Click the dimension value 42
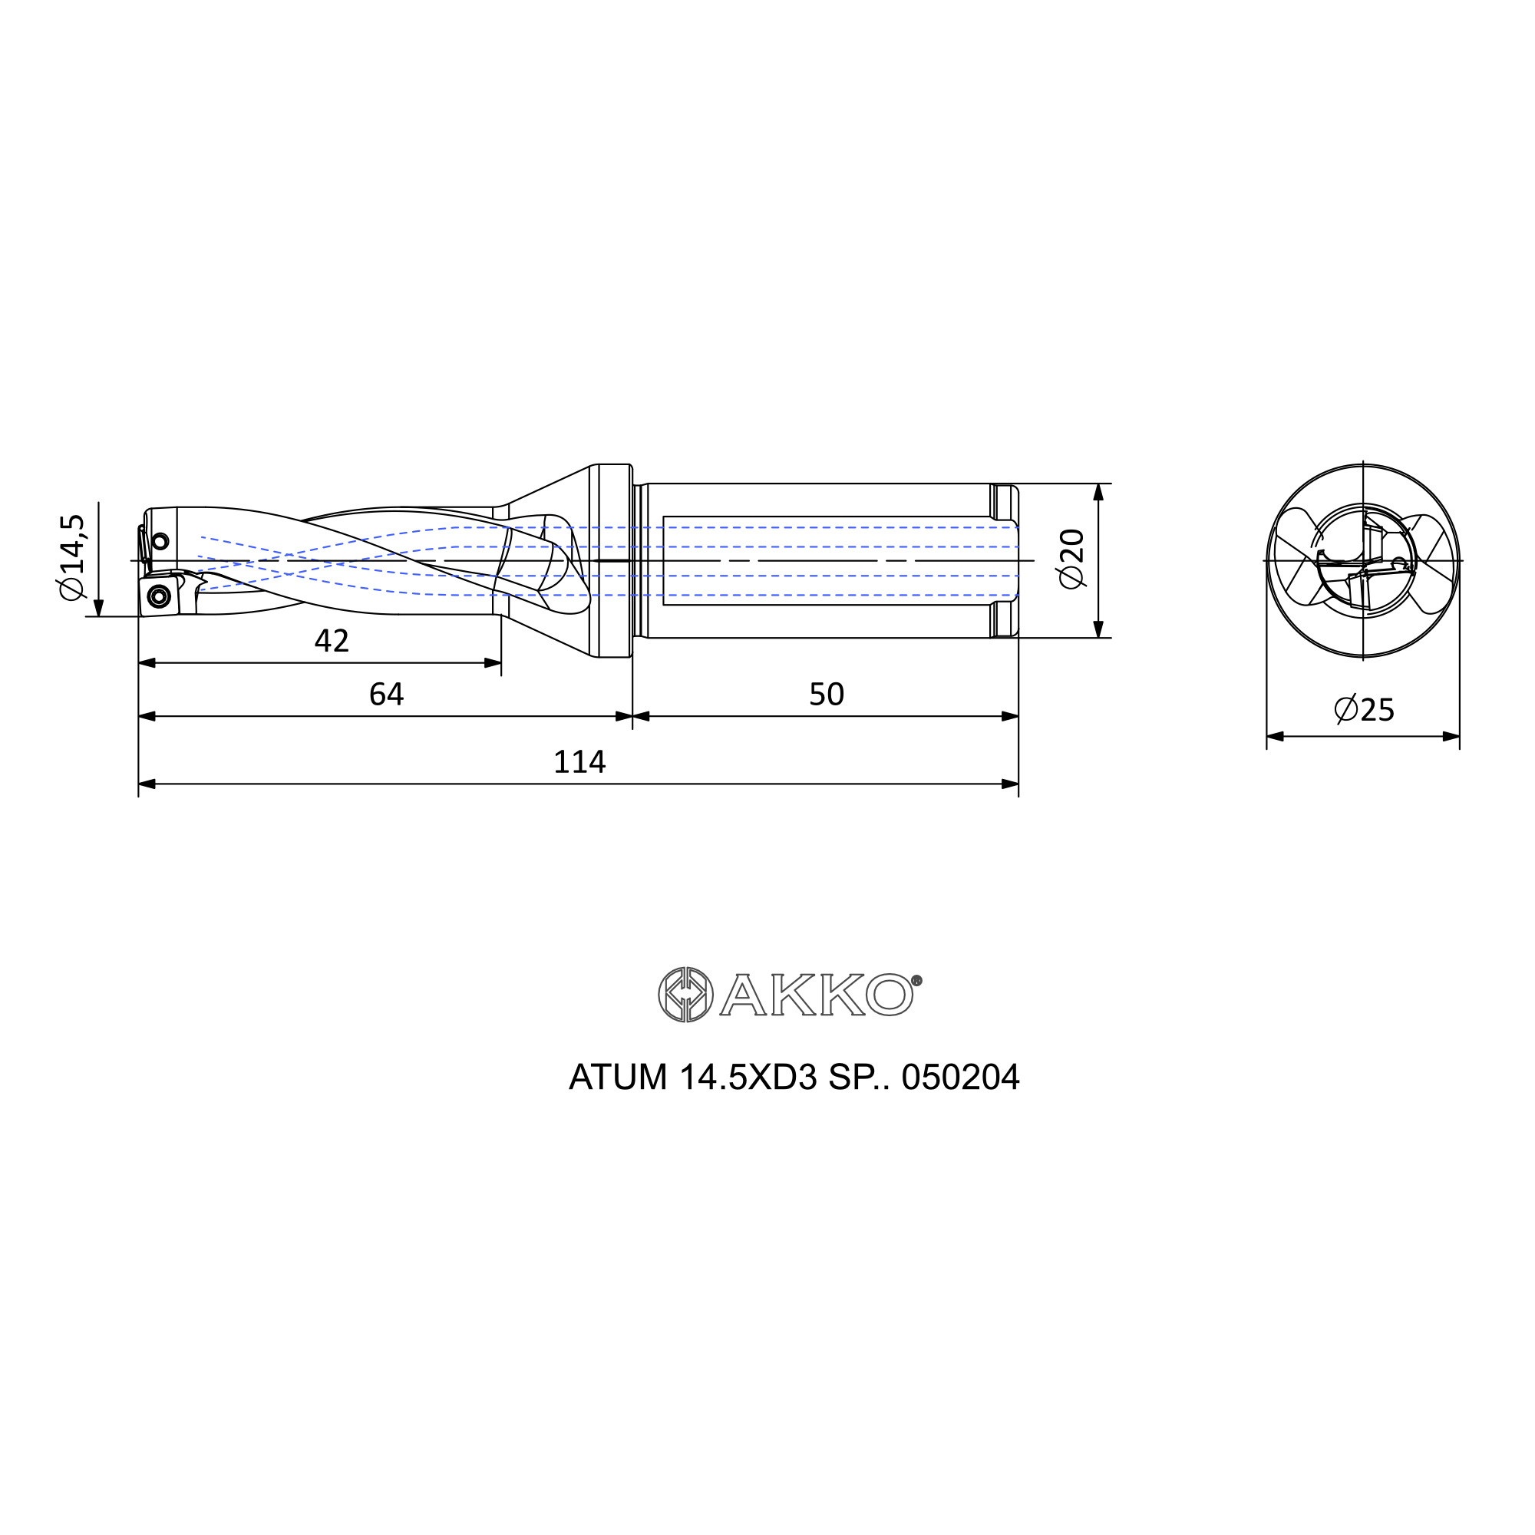pos(332,641)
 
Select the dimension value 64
pos(386,695)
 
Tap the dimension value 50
pos(827,695)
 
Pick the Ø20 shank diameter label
pos(1071,559)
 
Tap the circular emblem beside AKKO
pos(685,995)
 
